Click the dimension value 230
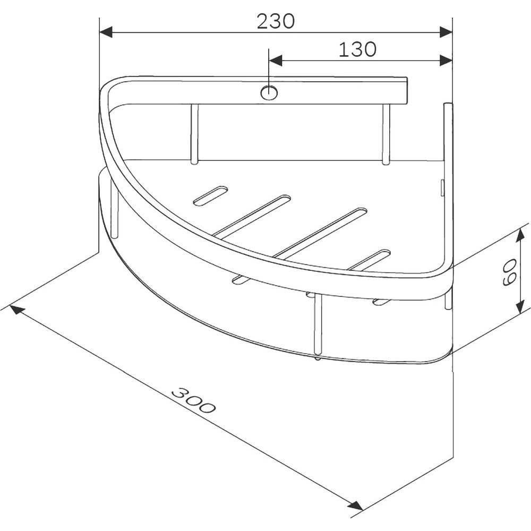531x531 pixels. click(x=276, y=21)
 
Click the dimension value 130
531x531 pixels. click(x=357, y=49)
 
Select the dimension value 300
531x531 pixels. click(x=193, y=400)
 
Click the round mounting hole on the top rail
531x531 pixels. click(x=269, y=93)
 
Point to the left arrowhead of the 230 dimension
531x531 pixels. click(x=105, y=32)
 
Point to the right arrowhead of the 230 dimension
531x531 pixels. click(x=446, y=32)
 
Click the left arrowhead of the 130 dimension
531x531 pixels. click(x=275, y=61)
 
